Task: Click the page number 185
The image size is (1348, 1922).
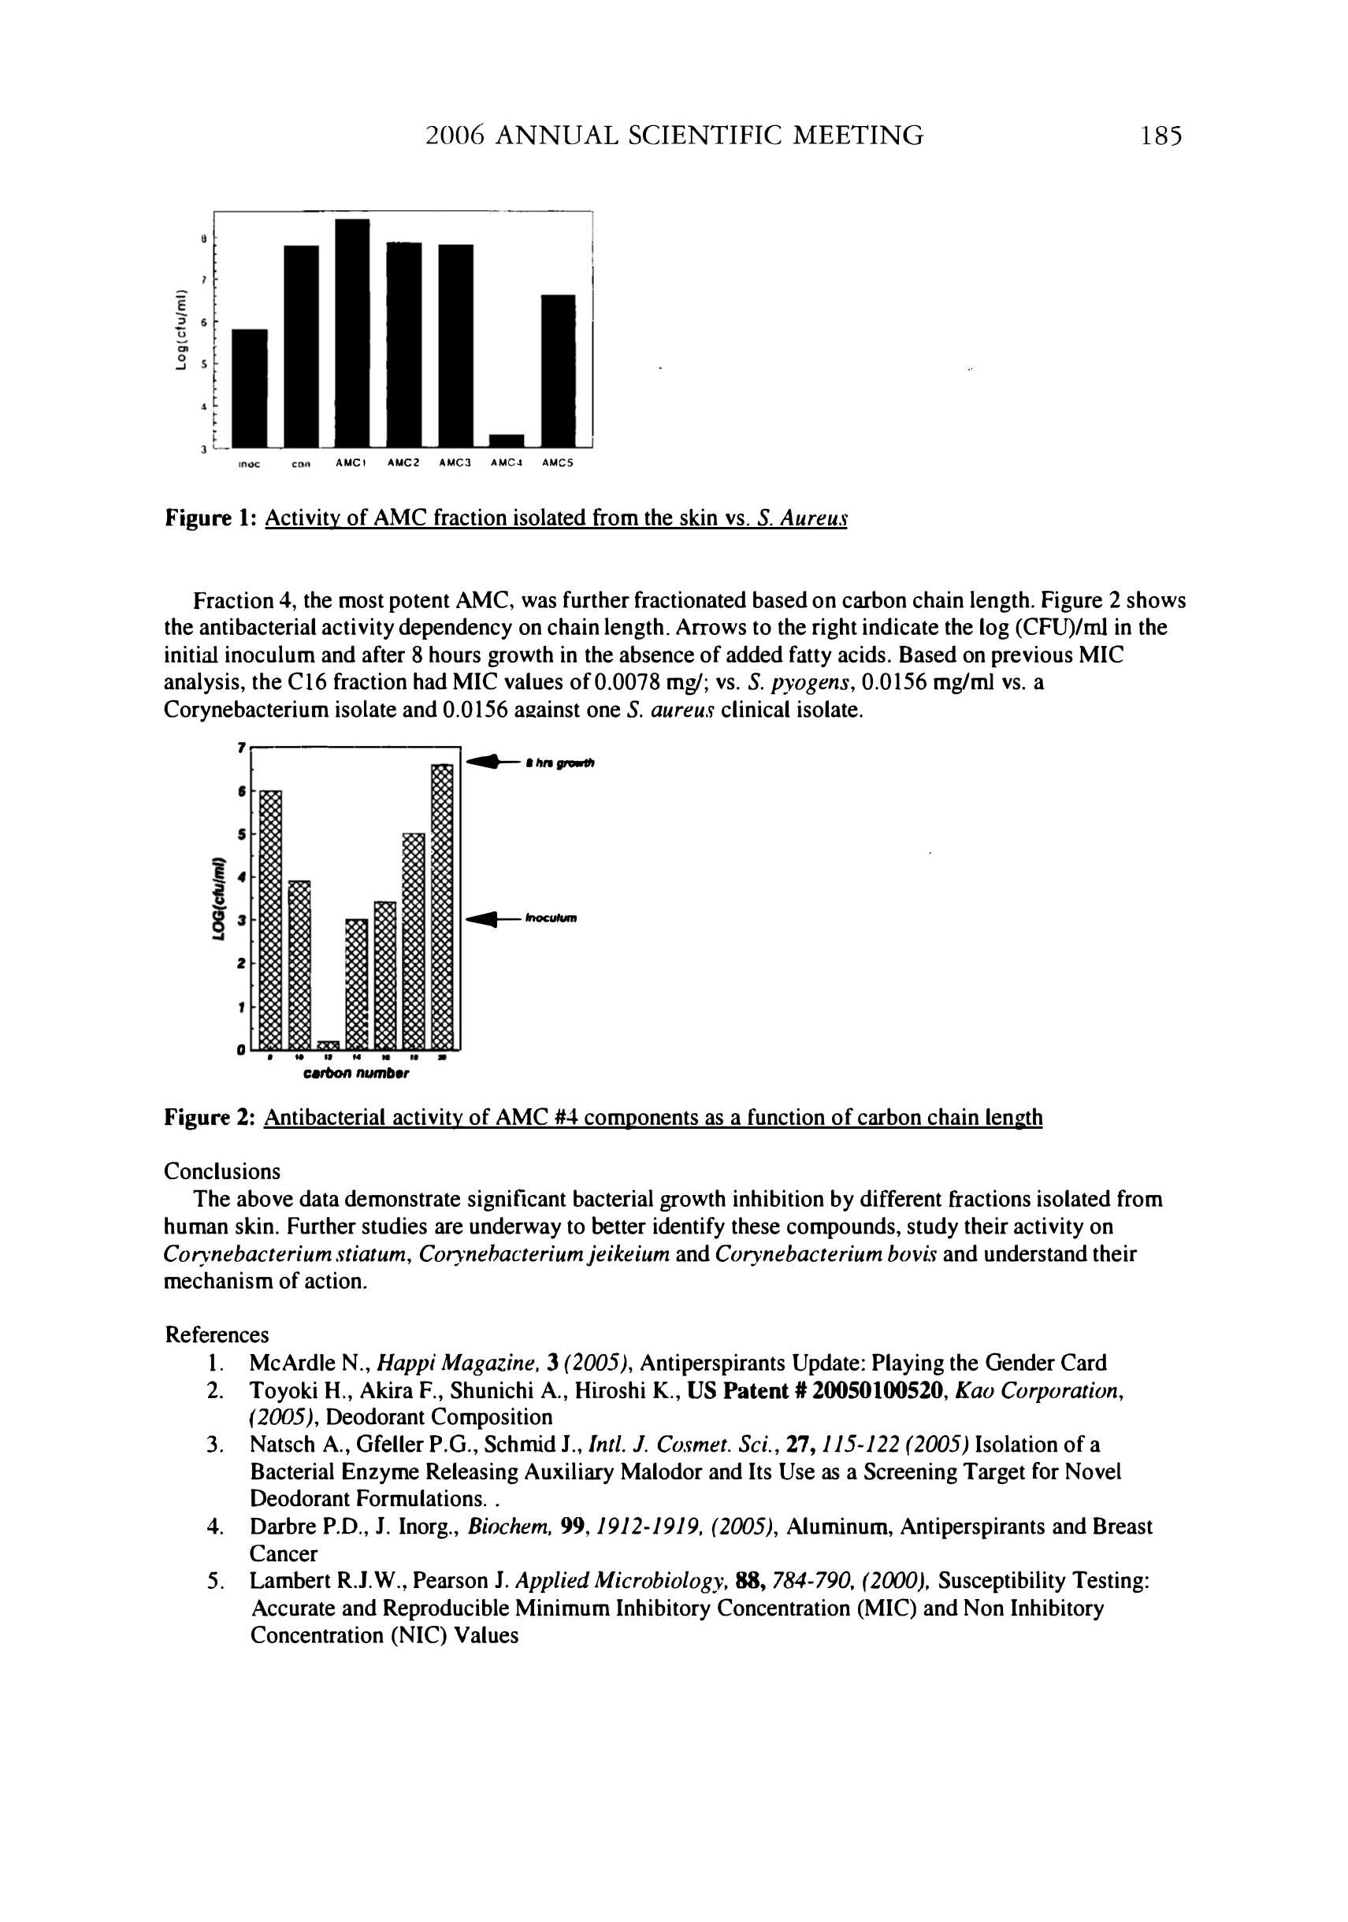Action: coord(1160,135)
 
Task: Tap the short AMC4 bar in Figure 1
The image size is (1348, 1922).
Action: coord(507,440)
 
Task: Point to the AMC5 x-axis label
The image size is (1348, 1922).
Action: coord(557,462)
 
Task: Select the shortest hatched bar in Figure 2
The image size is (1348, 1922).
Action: coord(329,1044)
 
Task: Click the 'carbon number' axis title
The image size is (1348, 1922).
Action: coord(356,1072)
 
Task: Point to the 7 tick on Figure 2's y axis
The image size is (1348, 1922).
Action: coord(241,746)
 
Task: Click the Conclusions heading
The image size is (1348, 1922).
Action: coord(222,1171)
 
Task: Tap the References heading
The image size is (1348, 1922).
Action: coord(217,1334)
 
